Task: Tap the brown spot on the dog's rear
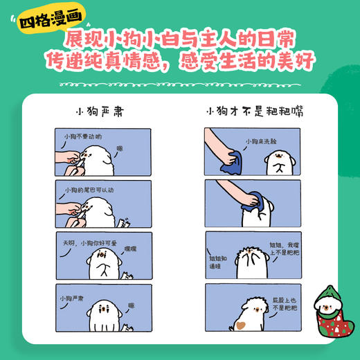[x=240, y=323]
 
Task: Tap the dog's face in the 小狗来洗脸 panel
[x=278, y=161]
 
